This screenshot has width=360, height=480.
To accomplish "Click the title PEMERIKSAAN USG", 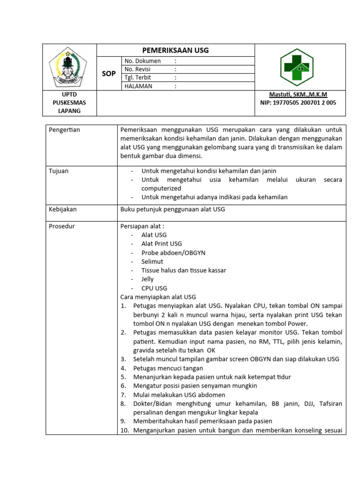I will pyautogui.click(x=175, y=50).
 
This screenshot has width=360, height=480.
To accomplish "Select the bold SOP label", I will pyautogui.click(x=109, y=74).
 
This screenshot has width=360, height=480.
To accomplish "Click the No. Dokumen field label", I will pyautogui.click(x=142, y=61).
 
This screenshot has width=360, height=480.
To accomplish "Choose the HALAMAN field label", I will pyautogui.click(x=139, y=86).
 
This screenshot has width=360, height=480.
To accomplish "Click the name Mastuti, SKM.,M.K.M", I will pyautogui.click(x=298, y=95).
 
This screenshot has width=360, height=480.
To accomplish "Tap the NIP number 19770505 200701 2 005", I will pyautogui.click(x=298, y=103).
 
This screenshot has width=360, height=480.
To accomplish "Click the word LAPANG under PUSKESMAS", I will pyautogui.click(x=69, y=111).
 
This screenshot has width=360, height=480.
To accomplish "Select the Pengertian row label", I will pyautogui.click(x=65, y=130).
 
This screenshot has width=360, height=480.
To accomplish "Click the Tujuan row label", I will pyautogui.click(x=59, y=171).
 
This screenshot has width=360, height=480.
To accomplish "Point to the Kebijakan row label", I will pyautogui.click(x=63, y=210).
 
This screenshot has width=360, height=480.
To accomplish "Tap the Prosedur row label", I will pyautogui.click(x=62, y=226).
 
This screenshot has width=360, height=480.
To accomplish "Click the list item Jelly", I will pyautogui.click(x=147, y=279).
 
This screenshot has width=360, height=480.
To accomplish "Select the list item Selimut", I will pyautogui.click(x=152, y=262).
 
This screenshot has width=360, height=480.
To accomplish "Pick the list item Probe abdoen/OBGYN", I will pyautogui.click(x=173, y=253).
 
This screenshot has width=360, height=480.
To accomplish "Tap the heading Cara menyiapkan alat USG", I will pyautogui.click(x=158, y=297).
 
